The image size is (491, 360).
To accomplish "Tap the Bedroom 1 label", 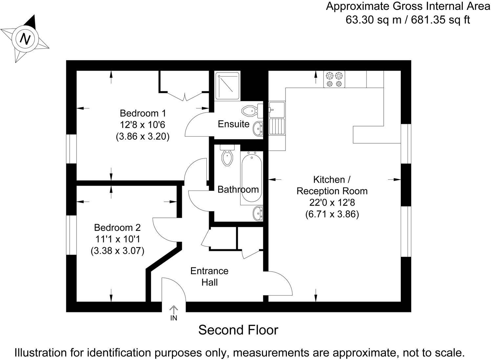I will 143,113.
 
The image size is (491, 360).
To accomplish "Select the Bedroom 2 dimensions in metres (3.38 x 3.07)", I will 117,251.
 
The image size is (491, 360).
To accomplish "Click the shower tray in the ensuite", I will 228,85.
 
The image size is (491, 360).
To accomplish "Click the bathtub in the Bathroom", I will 251,177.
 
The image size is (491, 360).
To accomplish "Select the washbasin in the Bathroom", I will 258,214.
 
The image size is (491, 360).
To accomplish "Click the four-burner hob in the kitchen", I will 334,79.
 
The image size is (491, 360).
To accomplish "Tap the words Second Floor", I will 238,330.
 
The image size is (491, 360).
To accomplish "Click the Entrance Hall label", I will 209,276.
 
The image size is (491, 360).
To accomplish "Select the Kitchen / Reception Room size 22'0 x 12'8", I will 332,203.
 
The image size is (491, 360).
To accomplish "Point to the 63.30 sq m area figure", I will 374,20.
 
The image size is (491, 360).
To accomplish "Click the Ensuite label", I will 233,124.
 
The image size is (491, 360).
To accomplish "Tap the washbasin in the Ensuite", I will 258,128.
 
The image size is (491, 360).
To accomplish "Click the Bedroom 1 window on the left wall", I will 71,148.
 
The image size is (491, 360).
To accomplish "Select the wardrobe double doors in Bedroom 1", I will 185,96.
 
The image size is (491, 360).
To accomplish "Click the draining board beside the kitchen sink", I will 277,127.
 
